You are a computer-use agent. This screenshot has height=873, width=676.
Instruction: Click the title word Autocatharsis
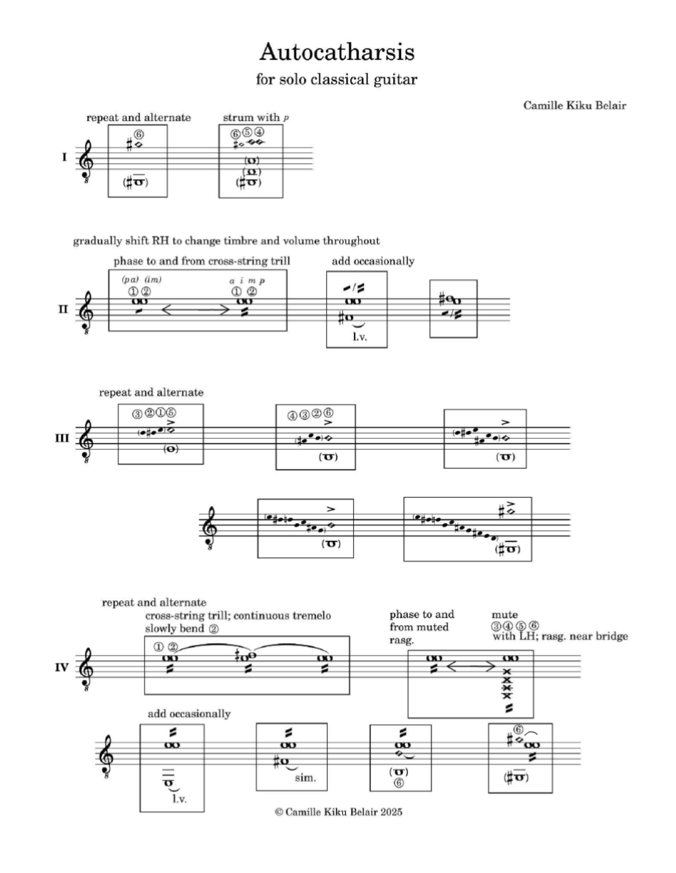tap(337, 52)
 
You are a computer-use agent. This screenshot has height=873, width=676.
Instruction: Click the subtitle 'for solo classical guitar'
tap(336, 79)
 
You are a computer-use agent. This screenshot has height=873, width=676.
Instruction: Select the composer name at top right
tap(575, 105)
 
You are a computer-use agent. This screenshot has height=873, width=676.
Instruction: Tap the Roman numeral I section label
tap(65, 157)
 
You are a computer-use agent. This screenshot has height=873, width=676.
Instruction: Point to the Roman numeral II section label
tap(63, 309)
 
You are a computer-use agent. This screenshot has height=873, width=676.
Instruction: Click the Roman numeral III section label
tap(62, 437)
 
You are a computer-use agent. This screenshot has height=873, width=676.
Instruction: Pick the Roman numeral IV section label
tap(62, 667)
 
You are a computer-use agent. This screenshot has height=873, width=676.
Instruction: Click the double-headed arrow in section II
tap(195, 309)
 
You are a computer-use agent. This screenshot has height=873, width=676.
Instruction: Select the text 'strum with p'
tap(256, 118)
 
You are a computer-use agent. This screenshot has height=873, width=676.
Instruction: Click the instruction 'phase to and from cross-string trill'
tap(202, 261)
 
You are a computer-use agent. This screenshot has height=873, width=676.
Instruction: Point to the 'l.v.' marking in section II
tap(359, 338)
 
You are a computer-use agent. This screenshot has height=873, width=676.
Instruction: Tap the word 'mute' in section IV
tap(504, 614)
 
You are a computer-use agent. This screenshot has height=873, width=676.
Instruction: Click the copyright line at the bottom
tap(339, 812)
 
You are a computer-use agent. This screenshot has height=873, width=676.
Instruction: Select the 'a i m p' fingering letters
tap(247, 280)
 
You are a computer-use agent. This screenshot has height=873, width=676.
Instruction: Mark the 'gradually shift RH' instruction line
tap(226, 241)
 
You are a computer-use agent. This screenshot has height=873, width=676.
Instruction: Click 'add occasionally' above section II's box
tap(372, 261)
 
